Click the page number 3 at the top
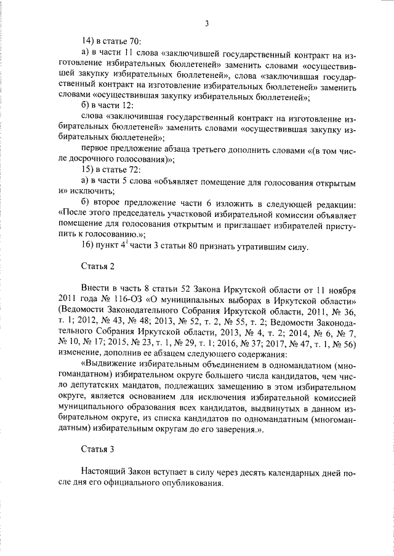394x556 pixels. pyautogui.click(x=207, y=24)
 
